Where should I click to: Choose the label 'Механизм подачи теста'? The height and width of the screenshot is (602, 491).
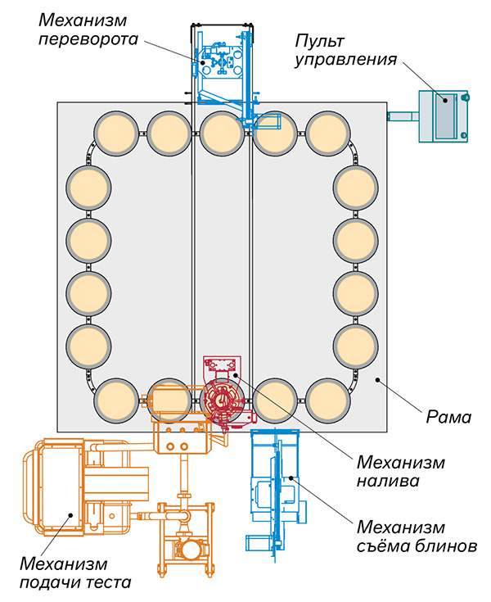tap(73, 573)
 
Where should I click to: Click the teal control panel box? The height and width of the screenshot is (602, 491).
tap(442, 115)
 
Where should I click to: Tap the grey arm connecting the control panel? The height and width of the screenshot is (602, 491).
tap(402, 117)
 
